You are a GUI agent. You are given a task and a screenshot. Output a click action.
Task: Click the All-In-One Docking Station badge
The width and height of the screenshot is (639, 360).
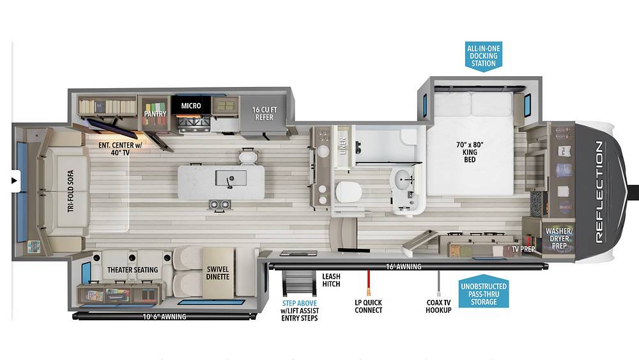point(483,56)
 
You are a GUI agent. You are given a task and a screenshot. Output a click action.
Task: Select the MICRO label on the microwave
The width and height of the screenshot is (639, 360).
point(191,106)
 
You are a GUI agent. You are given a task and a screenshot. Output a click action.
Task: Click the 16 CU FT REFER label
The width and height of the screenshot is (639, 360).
point(264,113)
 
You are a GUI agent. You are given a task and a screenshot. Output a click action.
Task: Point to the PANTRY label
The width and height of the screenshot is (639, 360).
point(155,114)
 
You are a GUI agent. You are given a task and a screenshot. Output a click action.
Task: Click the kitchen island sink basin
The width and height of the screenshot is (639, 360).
point(231,178)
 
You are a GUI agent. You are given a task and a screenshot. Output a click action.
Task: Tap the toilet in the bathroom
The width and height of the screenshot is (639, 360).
point(348,192)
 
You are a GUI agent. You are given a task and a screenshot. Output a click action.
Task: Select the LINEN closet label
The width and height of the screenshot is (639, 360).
point(343,146)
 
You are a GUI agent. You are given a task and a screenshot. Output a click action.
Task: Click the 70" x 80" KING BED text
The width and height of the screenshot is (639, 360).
point(470,152)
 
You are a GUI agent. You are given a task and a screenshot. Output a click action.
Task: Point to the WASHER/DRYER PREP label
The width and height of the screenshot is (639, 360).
point(559,239)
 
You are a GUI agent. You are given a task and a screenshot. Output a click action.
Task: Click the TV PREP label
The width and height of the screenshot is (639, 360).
point(523,249)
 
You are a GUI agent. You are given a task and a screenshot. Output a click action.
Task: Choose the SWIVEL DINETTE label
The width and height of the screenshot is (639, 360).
point(218,273)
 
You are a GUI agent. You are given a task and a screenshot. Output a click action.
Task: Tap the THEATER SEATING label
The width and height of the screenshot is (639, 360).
point(132,270)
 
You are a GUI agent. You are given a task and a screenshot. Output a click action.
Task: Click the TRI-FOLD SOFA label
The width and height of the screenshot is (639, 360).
point(71,191)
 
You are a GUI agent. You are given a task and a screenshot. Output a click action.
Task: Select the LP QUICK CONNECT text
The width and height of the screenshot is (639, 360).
point(369,306)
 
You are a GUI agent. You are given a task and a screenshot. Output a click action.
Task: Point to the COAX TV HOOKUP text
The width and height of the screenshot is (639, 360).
point(438,306)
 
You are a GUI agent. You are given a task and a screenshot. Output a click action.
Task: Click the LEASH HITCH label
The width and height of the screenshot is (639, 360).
point(331,280)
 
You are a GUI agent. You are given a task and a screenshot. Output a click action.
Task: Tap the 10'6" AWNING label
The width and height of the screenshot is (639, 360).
point(164,317)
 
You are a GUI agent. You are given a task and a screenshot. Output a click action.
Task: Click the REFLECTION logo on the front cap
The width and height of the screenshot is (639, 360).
point(599,192)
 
